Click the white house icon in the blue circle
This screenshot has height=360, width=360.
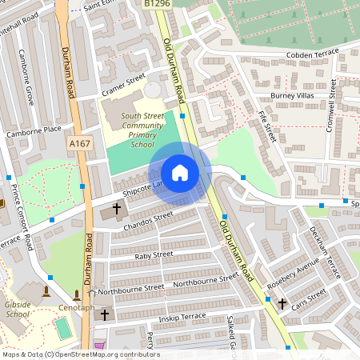pos(180,173)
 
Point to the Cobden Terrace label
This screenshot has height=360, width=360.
pos(314,55)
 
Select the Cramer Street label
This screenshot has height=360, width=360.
pos(122,86)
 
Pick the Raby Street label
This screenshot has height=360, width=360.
pos(154,254)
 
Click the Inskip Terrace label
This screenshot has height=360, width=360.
pos(182,318)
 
